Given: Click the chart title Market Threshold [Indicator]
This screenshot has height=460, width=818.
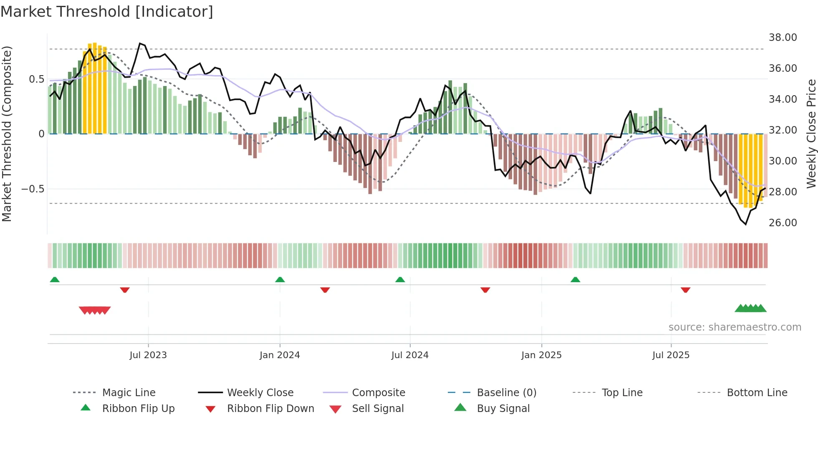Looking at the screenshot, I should [x=107, y=12].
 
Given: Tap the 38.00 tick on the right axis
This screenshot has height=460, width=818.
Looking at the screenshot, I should [x=783, y=38].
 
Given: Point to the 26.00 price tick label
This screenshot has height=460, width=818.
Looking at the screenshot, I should [x=783, y=222].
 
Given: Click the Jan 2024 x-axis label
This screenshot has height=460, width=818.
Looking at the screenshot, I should [x=280, y=355].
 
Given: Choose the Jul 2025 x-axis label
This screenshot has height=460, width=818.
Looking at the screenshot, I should [x=671, y=355].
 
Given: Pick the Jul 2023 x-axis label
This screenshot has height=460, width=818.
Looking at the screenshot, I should [x=148, y=355].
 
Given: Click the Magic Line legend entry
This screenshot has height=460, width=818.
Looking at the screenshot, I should [x=129, y=393].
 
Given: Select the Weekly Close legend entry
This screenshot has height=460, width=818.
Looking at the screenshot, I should [x=260, y=393].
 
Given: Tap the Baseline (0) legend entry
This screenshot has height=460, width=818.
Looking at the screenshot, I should [x=506, y=393].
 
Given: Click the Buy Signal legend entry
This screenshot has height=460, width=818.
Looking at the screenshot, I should [x=503, y=409].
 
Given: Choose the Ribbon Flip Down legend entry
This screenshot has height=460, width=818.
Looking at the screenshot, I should [x=270, y=409].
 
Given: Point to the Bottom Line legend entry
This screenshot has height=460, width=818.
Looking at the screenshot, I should [x=757, y=393].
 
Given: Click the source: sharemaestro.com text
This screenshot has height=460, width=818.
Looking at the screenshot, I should [x=735, y=327].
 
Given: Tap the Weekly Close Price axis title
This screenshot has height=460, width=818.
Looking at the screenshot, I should [x=811, y=134].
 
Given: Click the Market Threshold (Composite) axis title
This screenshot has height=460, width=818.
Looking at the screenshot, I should [x=7, y=134].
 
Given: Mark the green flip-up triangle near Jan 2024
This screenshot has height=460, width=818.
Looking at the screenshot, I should [x=280, y=280].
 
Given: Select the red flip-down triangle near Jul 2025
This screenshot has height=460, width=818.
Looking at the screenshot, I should [x=685, y=290].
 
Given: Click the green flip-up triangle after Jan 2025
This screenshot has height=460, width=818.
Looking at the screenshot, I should [x=575, y=280].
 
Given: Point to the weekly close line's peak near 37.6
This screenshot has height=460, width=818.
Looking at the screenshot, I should [x=140, y=43].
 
